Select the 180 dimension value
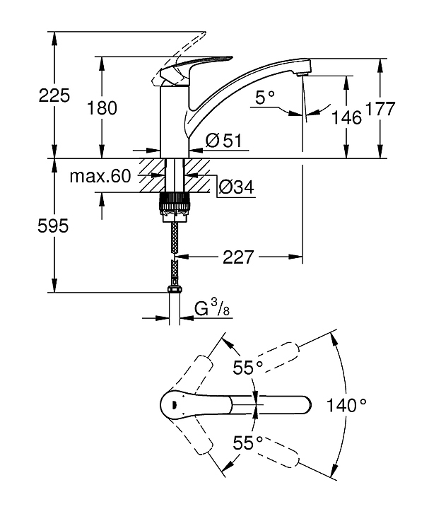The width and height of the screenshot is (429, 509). point(102,108)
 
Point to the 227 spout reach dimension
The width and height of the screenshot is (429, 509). point(237,257)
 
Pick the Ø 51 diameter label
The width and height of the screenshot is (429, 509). point(224,141)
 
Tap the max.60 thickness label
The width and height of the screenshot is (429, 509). point(100,177)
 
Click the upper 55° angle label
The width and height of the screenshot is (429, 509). point(248,368)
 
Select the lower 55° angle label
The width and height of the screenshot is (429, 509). point(248,443)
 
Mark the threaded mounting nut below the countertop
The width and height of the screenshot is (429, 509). point(176,204)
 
